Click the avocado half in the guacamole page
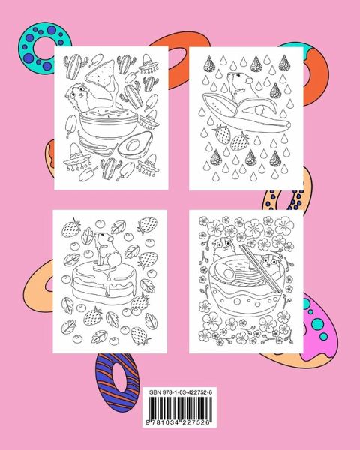[135, 145]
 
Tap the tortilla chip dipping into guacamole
[102, 74]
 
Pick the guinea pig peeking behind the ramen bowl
[223, 247]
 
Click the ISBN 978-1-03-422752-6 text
[180, 392]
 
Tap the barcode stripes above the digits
[180, 407]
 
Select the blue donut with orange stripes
[118, 382]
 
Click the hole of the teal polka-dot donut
[43, 49]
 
